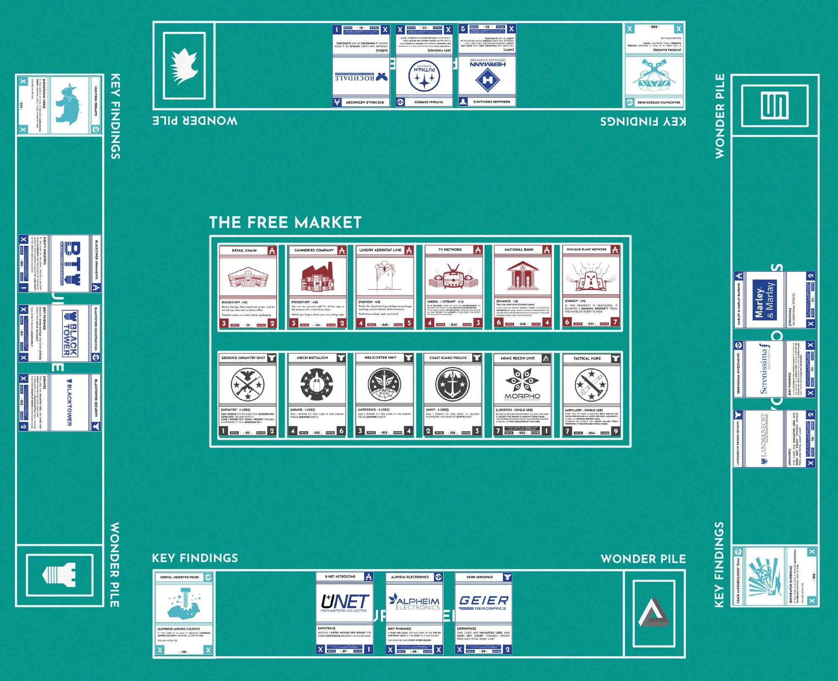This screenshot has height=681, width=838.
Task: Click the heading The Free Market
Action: coord(285,222)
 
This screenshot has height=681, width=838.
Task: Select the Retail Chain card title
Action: coord(244,251)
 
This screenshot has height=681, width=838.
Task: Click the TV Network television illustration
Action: coord(453,277)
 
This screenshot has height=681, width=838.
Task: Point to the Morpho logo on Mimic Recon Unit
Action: coord(522,386)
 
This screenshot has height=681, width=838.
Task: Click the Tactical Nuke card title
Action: coord(587,358)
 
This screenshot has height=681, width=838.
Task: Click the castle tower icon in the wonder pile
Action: coord(59,575)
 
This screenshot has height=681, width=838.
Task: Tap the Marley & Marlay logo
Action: coord(764,300)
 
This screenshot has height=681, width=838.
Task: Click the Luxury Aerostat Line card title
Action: coord(380,250)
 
